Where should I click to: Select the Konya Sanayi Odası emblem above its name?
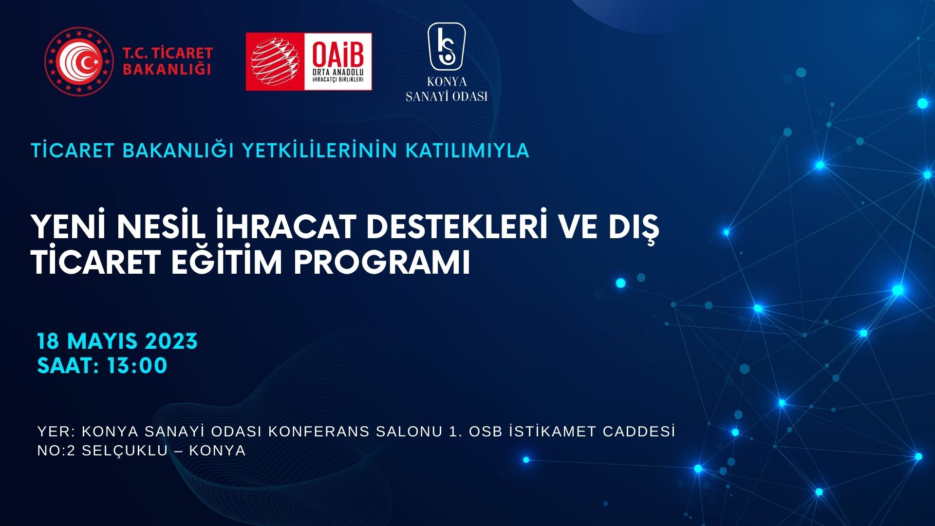tap(447, 47)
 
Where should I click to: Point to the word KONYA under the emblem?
tap(447, 82)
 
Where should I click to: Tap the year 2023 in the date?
tap(171, 341)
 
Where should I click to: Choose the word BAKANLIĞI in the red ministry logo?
tap(167, 69)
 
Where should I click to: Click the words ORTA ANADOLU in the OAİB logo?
tap(338, 73)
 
